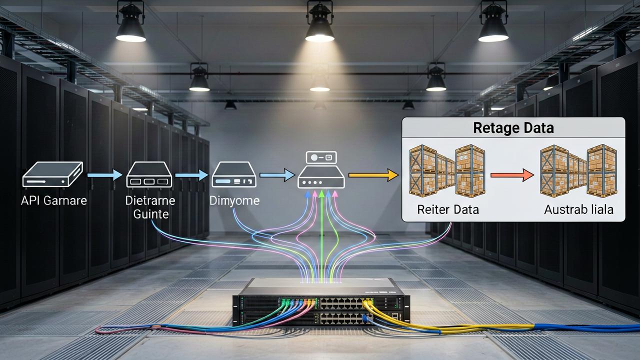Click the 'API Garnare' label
pos(54,201)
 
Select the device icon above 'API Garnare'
pos(52,174)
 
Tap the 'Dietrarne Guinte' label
pos(150,207)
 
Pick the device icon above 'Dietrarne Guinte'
pos(149,174)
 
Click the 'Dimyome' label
pos(234,201)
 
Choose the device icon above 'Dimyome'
pos(234,174)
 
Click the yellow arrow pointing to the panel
pos(373,175)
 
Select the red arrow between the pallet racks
pos(512,175)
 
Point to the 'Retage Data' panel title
pos(513,127)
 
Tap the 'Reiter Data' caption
pos(447,209)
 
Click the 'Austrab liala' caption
pos(578,209)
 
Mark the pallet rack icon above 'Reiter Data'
pos(447,171)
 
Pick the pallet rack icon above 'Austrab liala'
pos(578,171)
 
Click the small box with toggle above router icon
pos(321,157)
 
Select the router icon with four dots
pos(321,177)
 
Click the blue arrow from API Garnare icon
pos(105,175)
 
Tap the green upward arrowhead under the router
pos(321,194)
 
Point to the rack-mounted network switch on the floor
pos(321,303)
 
